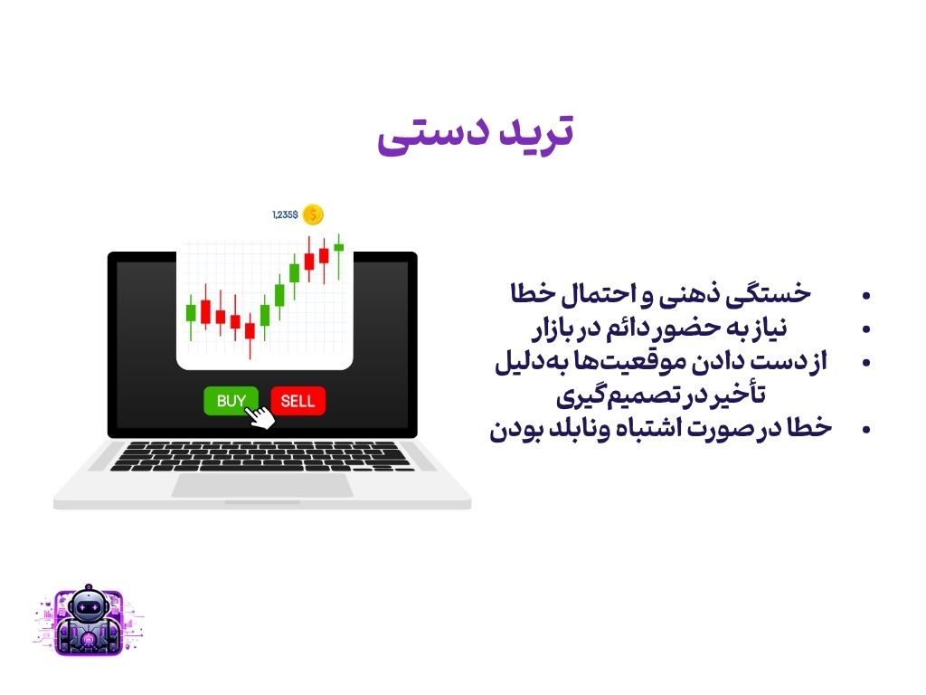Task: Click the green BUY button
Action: (231, 401)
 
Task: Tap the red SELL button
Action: (298, 401)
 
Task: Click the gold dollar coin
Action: (313, 214)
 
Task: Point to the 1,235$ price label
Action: (285, 214)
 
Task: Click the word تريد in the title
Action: (536, 131)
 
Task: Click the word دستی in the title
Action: (433, 135)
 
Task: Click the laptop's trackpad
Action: (262, 485)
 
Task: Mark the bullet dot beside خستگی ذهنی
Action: (866, 296)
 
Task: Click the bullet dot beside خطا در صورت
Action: (866, 430)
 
